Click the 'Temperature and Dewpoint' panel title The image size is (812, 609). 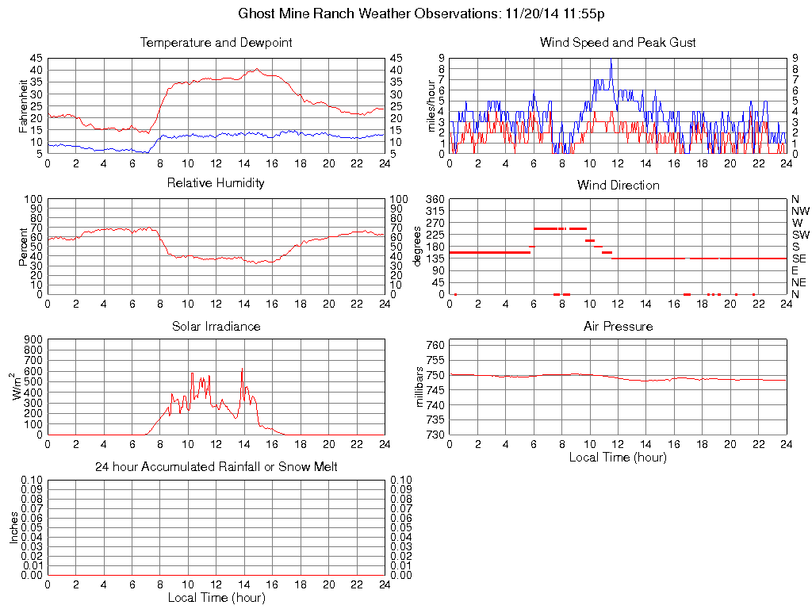216,43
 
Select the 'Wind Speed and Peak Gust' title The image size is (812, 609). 618,43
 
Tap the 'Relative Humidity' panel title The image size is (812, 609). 216,183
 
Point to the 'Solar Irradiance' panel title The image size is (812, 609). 216,327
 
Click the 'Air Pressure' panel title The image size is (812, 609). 618,327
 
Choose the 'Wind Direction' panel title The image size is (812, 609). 618,186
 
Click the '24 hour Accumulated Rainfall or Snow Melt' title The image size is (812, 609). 216,467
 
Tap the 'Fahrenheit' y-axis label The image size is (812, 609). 24,105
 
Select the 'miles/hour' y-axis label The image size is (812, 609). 432,105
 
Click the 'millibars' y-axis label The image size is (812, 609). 421,388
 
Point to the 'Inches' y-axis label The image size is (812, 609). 14,527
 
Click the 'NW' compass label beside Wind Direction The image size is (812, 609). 800,211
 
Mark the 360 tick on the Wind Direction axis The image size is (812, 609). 436,199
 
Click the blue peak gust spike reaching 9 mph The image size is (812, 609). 611,60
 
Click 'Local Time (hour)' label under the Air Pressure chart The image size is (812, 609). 618,457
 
